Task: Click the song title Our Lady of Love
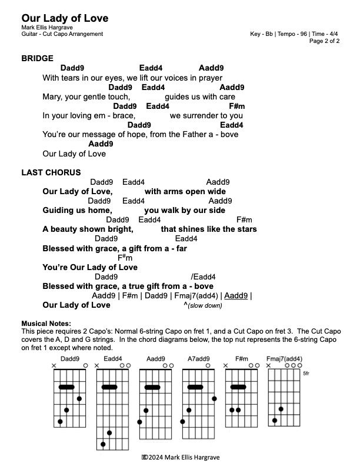[65, 19]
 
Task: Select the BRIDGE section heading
[37, 58]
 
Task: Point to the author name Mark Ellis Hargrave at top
[48, 28]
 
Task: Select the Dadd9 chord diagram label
[69, 358]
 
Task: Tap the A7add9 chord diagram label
[199, 358]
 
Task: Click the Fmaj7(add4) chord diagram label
[284, 358]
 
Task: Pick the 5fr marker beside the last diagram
[305, 373]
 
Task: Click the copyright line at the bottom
[180, 457]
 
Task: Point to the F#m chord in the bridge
[236, 106]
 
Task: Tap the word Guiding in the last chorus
[58, 210]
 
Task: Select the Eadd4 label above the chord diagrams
[113, 358]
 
